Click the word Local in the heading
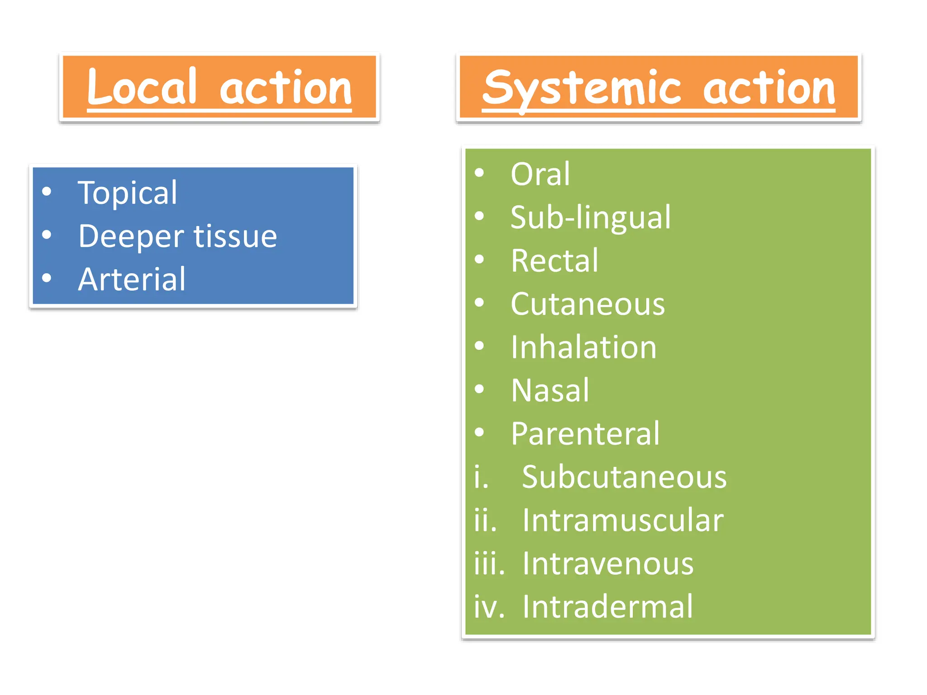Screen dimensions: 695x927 click(142, 87)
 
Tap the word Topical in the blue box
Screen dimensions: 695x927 click(127, 193)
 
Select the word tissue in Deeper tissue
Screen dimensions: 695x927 click(235, 236)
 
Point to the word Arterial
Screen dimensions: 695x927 click(132, 279)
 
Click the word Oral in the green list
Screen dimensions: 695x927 click(540, 174)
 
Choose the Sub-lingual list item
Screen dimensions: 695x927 click(590, 218)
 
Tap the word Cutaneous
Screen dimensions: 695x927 click(588, 304)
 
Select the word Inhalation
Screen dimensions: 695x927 click(583, 347)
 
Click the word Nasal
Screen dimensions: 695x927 click(550, 390)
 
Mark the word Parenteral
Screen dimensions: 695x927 click(585, 434)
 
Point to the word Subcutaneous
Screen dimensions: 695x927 click(624, 477)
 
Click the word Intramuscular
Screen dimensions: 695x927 click(623, 520)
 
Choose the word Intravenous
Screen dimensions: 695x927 click(608, 564)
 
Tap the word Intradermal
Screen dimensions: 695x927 click(607, 607)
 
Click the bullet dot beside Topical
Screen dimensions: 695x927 click(47, 192)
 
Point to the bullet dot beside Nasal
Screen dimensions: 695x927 click(479, 389)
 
